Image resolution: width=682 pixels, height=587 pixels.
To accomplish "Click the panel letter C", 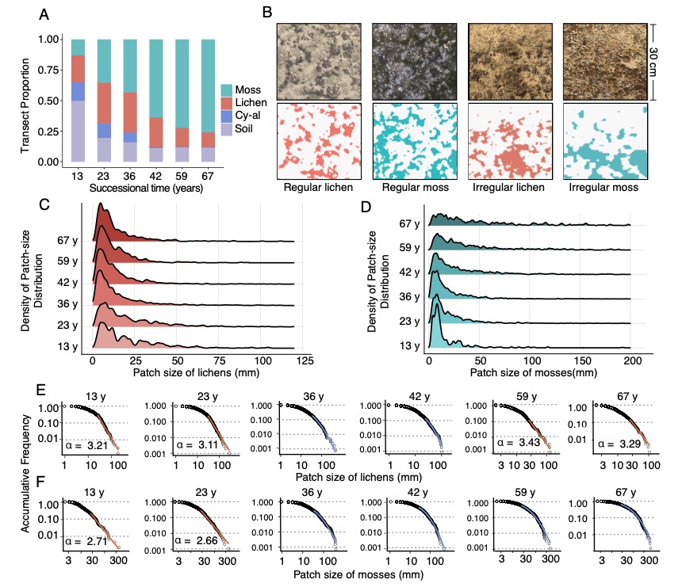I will point(46,204).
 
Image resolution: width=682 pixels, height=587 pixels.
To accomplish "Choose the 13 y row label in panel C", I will point(67,346).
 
